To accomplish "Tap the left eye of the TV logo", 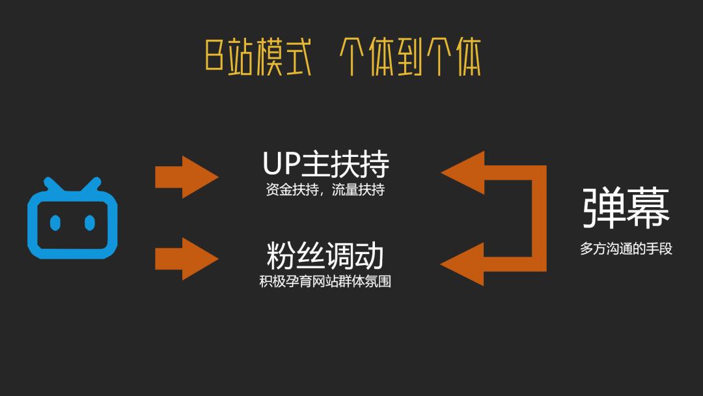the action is coord(55,223).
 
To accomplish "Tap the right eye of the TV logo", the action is coord(90,223).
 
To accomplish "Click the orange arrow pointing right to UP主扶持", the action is coord(187,177).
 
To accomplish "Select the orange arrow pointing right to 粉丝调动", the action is coord(187,259).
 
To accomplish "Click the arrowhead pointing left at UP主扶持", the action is coord(463,173).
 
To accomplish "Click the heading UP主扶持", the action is coord(326,164).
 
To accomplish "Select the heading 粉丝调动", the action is coord(325,255).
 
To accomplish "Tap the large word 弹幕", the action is coord(626,208).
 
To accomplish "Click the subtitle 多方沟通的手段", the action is coord(626,248).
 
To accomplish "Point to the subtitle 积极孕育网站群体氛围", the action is coord(325,281).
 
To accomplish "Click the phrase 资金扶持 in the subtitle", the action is coord(292,190).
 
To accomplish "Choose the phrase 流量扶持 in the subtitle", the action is coord(358,190).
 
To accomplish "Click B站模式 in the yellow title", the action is coord(258,57).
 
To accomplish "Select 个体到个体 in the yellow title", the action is coord(410,57).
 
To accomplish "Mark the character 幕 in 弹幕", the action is coord(648,208).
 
